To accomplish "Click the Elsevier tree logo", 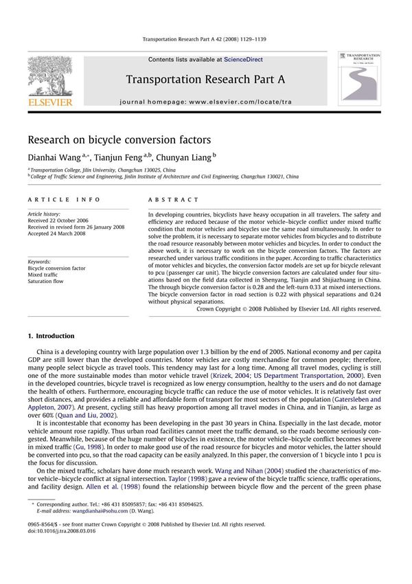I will click(x=49, y=78).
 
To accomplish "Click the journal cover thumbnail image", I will click(x=360, y=78).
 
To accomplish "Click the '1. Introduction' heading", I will click(x=50, y=336).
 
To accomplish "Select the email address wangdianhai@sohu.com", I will click(x=92, y=510).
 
